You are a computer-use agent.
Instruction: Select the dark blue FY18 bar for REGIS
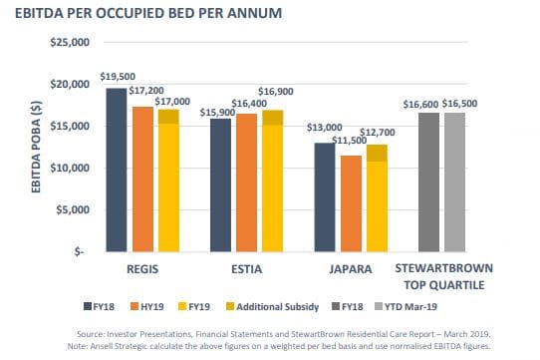[117, 170]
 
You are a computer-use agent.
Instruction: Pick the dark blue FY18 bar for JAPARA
[325, 196]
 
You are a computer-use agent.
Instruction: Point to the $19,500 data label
[118, 77]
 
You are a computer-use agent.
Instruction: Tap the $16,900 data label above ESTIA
[276, 92]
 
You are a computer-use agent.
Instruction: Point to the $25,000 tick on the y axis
[69, 43]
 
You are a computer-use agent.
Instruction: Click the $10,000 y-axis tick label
[69, 168]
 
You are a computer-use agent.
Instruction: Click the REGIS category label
[142, 268]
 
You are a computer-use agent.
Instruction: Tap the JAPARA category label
[351, 268]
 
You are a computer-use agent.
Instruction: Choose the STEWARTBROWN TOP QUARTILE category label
[441, 276]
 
